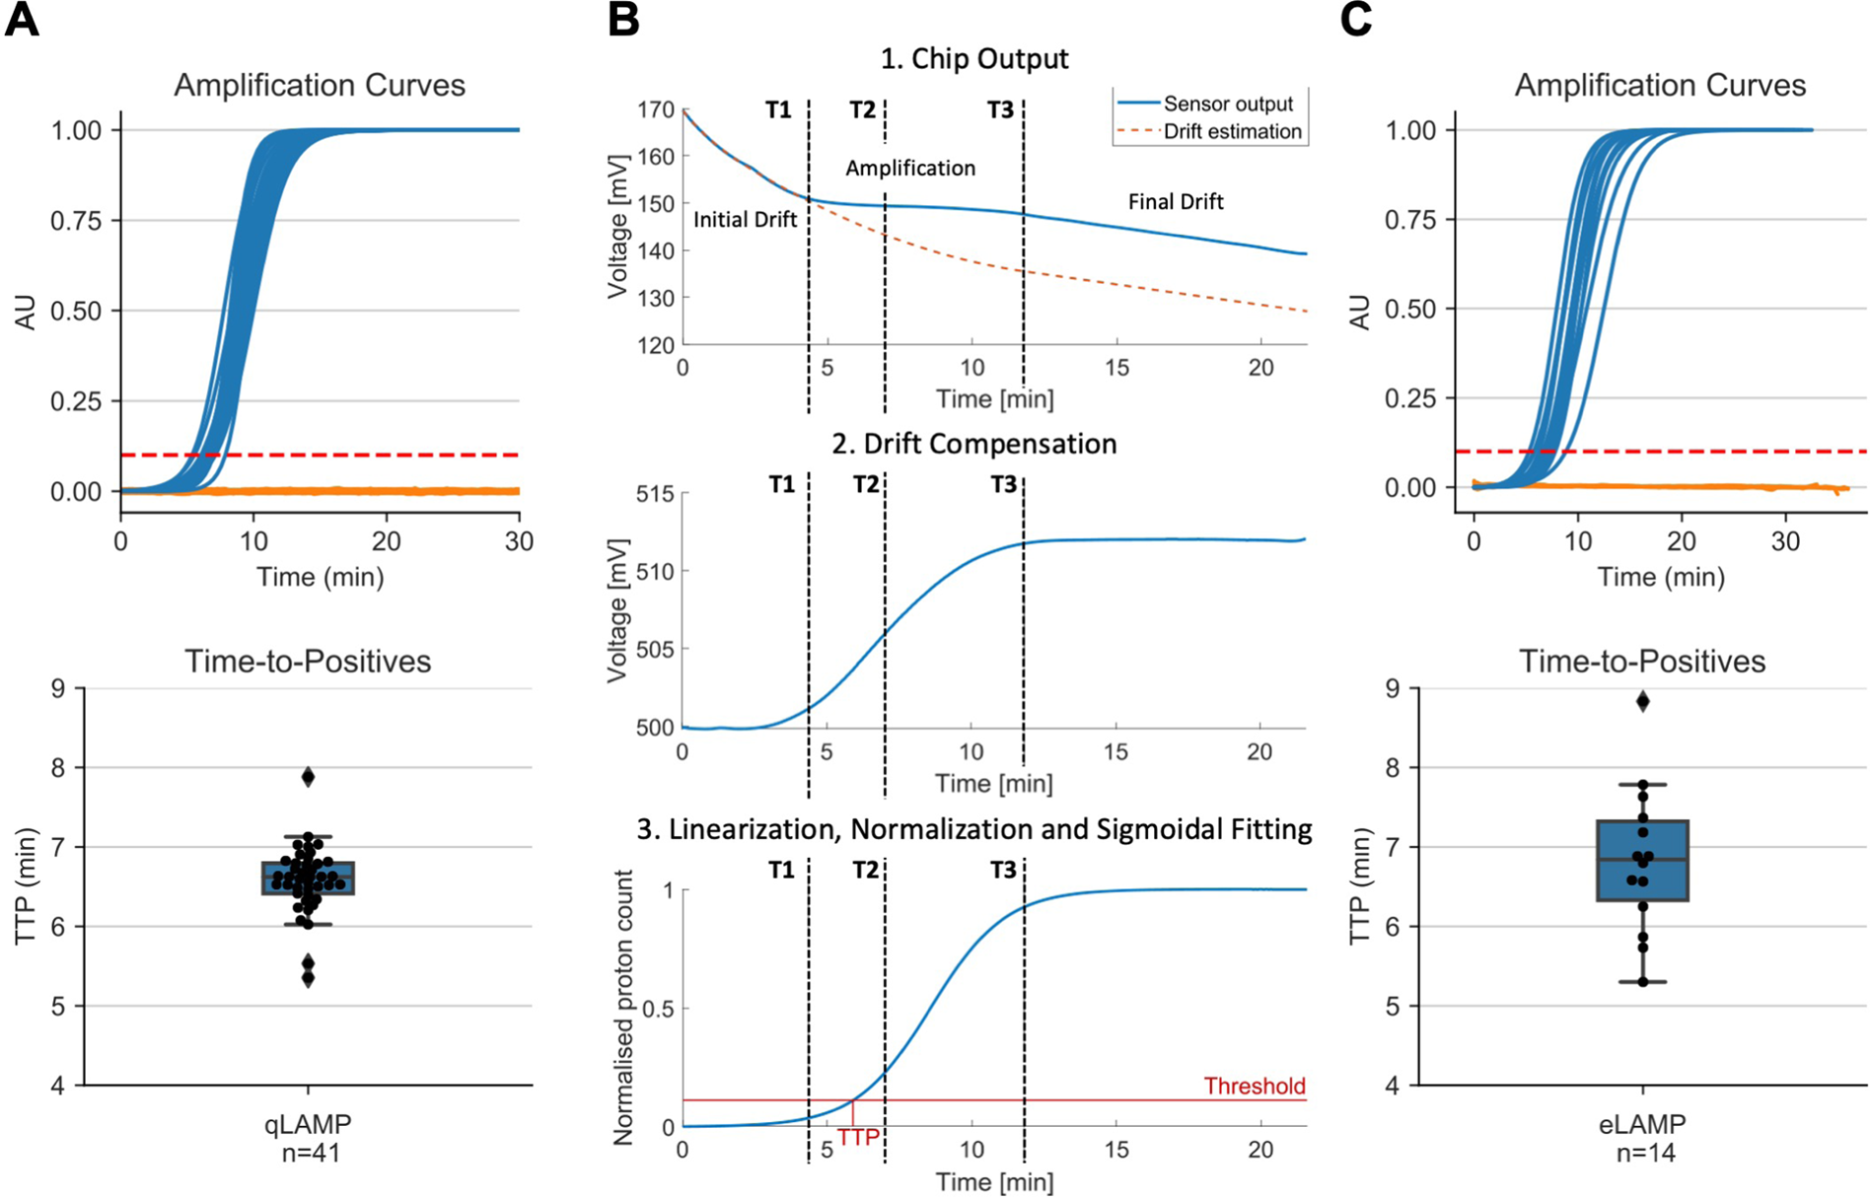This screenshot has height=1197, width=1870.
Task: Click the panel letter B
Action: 623,20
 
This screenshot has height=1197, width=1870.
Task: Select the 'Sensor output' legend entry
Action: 1227,104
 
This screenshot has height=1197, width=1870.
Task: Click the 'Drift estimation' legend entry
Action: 1232,131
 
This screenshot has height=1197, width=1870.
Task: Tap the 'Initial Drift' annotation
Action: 745,220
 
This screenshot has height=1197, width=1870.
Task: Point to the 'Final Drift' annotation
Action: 1176,202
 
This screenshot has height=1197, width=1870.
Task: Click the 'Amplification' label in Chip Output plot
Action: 909,169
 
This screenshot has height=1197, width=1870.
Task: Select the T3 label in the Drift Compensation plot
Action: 1003,485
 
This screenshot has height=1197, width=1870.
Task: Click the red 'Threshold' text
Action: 1254,1087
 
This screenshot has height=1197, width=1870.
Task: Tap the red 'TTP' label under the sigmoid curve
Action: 858,1138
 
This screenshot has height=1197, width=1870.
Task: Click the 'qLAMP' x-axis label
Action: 308,1123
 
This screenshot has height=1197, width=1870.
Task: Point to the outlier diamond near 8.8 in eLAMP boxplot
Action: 1642,701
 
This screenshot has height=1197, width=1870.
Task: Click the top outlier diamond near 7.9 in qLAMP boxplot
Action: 308,777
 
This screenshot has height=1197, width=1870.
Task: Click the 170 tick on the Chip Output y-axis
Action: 657,109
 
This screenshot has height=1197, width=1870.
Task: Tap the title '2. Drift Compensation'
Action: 973,444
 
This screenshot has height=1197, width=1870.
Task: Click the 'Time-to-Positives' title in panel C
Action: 1642,661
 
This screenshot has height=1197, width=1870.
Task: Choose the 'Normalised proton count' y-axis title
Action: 623,1008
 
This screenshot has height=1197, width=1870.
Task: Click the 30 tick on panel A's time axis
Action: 519,541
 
